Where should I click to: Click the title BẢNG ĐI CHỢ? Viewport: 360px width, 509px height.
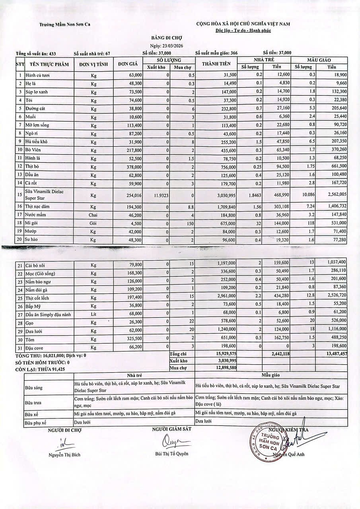point(167,38)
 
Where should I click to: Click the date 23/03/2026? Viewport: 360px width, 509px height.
point(166,45)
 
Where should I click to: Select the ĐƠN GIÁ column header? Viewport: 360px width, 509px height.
point(128,64)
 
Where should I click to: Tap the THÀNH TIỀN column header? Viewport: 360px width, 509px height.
point(216,64)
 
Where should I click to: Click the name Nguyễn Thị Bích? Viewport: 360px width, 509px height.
point(64,455)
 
